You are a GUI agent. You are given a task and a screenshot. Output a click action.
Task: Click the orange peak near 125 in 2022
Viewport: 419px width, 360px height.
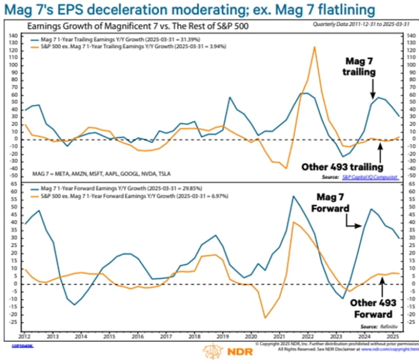tap(314, 48)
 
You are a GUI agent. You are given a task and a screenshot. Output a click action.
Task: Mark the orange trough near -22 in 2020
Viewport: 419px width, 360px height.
tap(265, 318)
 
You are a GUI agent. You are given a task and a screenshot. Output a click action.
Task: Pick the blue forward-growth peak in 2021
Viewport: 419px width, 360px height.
tap(293, 197)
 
